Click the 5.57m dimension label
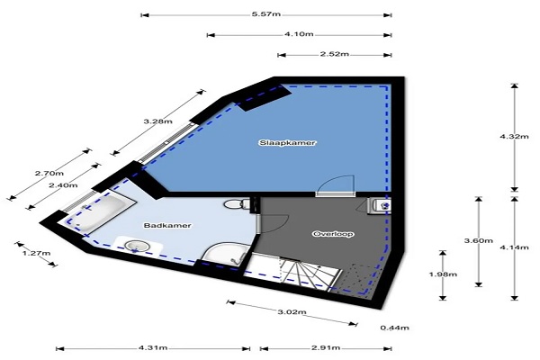click(x=265, y=14)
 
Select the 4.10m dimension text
click(x=299, y=34)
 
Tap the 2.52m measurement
click(x=335, y=54)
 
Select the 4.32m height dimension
click(x=514, y=137)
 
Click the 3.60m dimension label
click(x=479, y=241)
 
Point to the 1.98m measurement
click(x=443, y=274)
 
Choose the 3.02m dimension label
click(x=292, y=312)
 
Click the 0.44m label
click(x=395, y=328)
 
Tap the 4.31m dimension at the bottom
click(x=153, y=348)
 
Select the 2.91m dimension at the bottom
click(x=326, y=348)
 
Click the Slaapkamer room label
click(x=287, y=142)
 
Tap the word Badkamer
click(x=167, y=226)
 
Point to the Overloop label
click(x=333, y=234)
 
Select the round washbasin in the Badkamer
click(x=137, y=246)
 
